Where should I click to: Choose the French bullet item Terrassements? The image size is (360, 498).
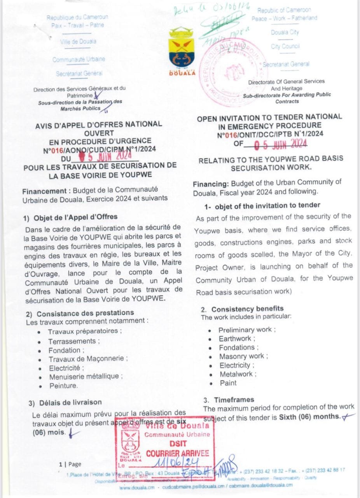click(x=72, y=341)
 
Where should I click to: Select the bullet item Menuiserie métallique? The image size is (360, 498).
click(x=86, y=377)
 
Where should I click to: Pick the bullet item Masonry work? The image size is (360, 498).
click(x=242, y=356)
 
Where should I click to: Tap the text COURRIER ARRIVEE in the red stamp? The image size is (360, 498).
click(x=177, y=453)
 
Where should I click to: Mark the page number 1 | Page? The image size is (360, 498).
click(x=70, y=464)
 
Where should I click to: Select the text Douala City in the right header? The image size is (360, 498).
click(x=285, y=32)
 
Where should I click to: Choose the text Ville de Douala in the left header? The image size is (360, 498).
click(x=78, y=42)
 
